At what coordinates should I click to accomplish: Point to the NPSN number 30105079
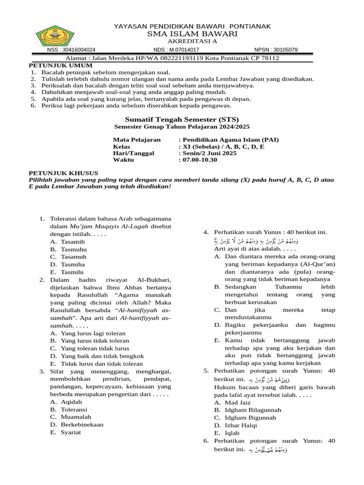(284, 50)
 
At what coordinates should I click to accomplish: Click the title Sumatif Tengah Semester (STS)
(182, 119)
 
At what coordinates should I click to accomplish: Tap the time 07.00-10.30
(200, 160)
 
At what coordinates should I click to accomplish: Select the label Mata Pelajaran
(136, 140)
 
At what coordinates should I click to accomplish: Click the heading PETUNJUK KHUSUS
(64, 173)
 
